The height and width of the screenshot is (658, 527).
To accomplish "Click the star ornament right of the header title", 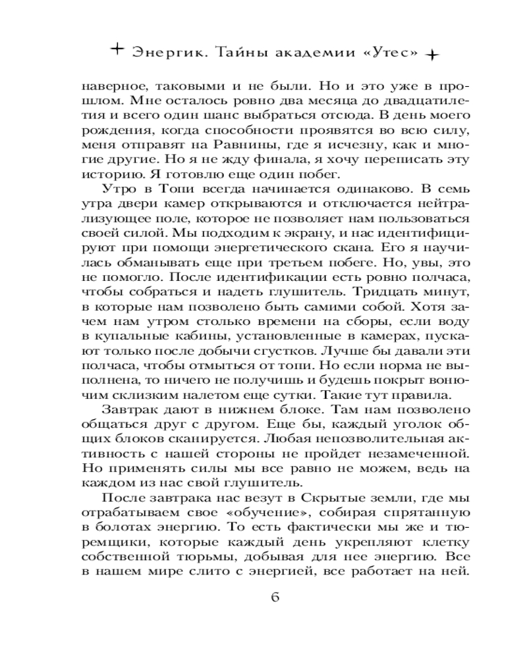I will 431,55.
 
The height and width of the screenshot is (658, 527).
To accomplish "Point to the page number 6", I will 275,597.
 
